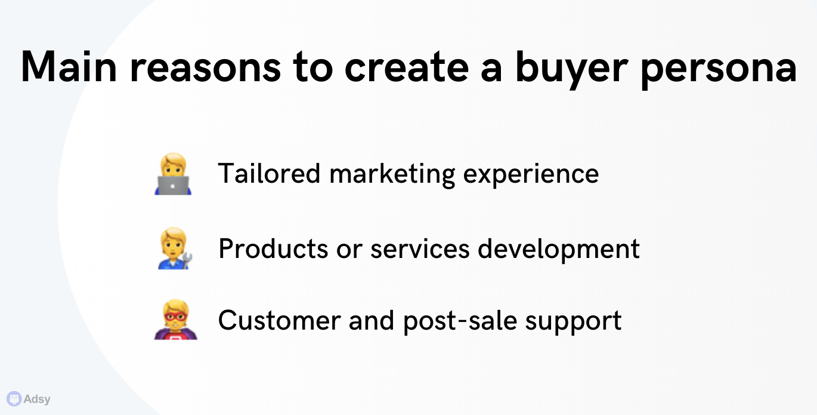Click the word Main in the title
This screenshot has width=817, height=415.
69,66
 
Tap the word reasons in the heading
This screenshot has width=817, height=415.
206,69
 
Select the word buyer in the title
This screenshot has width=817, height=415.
571,70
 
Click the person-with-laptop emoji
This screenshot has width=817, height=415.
173,174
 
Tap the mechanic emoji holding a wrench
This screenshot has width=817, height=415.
175,248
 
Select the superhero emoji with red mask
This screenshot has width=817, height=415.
175,319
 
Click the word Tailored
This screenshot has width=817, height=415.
269,173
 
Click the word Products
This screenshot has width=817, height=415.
273,248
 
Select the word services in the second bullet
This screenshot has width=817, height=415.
420,249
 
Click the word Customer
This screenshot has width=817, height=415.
279,321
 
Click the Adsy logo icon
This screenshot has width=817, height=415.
14,398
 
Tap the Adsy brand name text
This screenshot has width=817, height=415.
37,399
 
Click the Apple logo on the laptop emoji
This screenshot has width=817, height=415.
173,187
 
